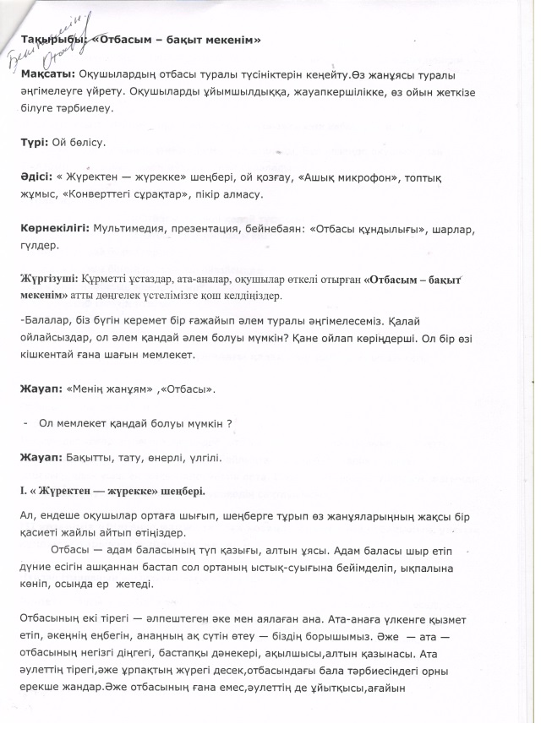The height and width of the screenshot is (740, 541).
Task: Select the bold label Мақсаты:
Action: [x=46, y=75]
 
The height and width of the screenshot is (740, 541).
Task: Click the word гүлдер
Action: [x=40, y=246]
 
